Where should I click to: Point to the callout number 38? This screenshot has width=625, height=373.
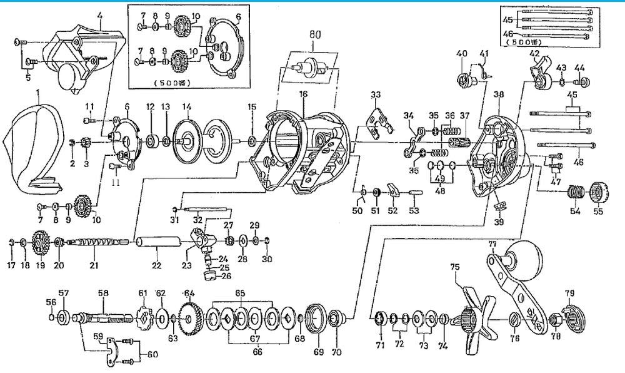point(497,95)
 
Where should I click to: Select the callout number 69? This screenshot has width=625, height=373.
point(319,352)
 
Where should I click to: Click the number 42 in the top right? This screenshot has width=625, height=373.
point(534,54)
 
